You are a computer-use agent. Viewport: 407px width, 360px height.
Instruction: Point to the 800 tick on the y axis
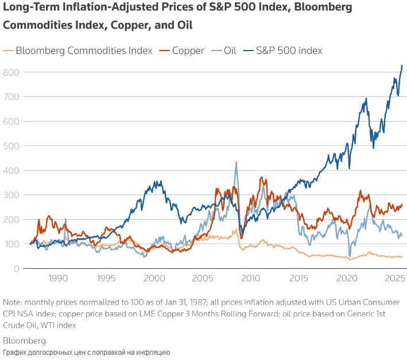[x=10, y=72]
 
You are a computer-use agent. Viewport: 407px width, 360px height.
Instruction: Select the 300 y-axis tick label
[x=10, y=195]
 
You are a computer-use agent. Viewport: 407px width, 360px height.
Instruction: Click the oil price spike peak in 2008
[x=236, y=162]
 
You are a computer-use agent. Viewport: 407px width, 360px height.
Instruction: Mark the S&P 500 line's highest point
[x=402, y=65]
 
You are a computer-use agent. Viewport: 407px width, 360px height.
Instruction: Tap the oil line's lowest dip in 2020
[x=350, y=256]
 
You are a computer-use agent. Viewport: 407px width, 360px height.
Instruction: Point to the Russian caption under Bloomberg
[x=86, y=352]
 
